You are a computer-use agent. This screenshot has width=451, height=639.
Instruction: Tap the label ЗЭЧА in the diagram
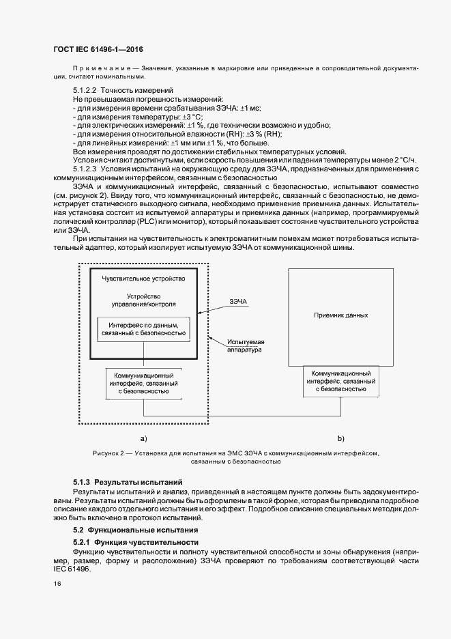click(239, 300)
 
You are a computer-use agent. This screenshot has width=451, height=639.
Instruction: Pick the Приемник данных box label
click(340, 315)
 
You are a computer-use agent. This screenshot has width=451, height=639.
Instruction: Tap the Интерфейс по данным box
click(143, 330)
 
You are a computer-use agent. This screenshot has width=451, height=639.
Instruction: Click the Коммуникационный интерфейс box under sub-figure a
click(143, 384)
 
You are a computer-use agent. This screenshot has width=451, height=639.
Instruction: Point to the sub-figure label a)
click(143, 438)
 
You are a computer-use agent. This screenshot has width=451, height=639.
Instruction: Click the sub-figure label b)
click(340, 438)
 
